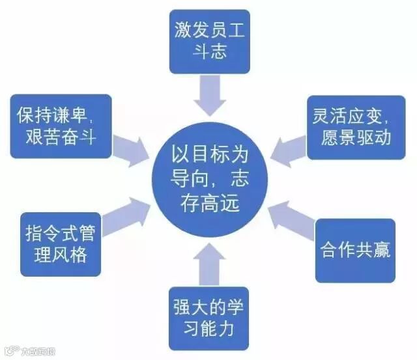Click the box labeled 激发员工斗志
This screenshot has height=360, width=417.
coord(209,41)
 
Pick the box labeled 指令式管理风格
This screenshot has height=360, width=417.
coord(61,243)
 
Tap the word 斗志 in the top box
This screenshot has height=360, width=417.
coord(209,51)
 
